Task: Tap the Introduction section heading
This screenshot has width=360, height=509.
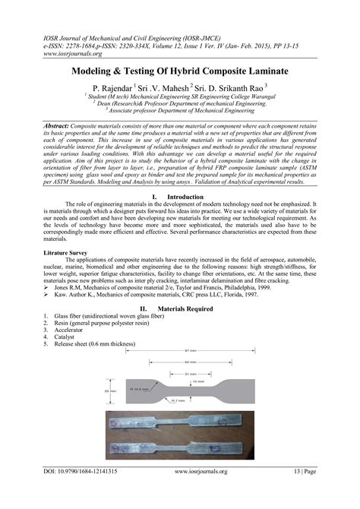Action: (188, 197)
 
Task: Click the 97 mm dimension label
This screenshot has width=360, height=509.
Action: (192, 351)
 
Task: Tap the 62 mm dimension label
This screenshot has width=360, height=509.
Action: (192, 362)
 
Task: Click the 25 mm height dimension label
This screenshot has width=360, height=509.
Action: (112, 391)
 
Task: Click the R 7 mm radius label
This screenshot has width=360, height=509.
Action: (180, 400)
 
